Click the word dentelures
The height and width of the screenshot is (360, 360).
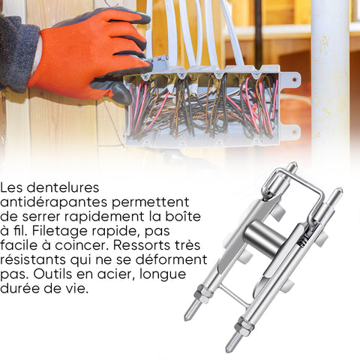click(63, 187)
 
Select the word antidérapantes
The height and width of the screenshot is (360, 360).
click(54, 202)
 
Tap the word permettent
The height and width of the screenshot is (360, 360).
click(151, 202)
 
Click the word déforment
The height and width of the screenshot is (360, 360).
click(172, 259)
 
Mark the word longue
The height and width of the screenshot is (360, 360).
click(163, 275)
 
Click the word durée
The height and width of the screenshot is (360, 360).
click(19, 289)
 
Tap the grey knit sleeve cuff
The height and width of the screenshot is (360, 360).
click(17, 52)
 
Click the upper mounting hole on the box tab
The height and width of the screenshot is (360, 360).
click(295, 79)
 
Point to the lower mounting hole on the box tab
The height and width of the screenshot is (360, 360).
click(295, 130)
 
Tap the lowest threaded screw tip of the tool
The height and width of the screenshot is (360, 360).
click(230, 345)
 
